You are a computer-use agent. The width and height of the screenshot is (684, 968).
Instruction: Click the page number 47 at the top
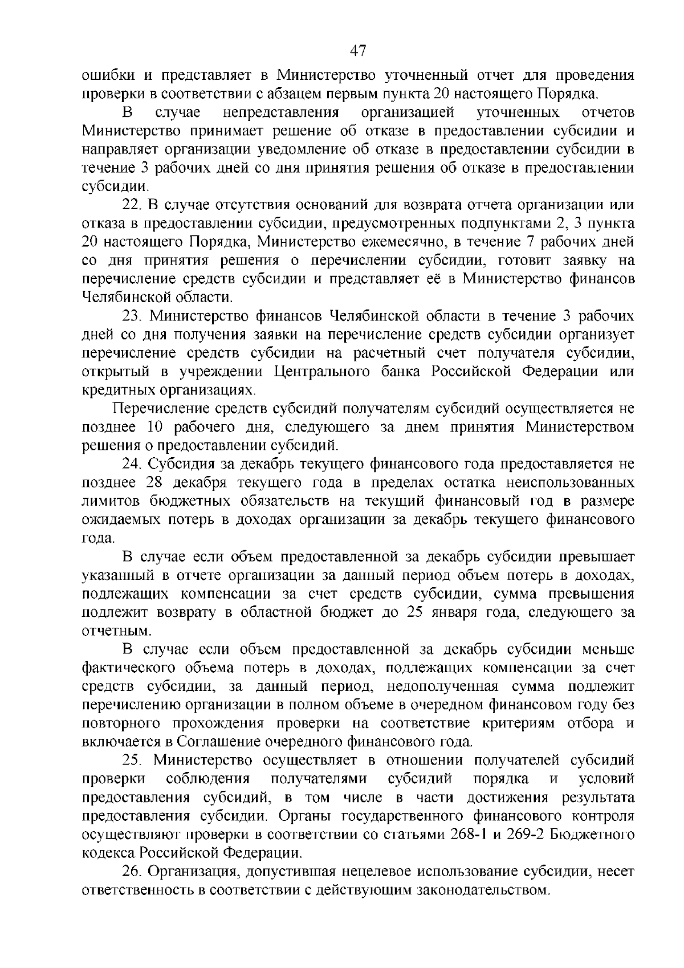357,51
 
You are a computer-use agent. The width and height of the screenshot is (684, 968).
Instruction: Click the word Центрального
321,372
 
